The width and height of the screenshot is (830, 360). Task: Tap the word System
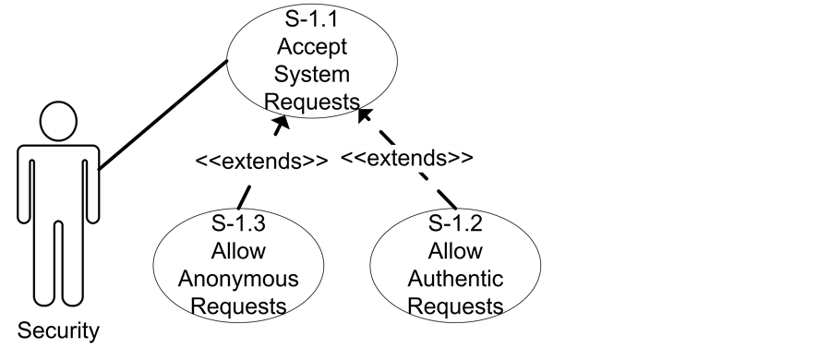(312, 74)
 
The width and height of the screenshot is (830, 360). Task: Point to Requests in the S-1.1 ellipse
(312, 100)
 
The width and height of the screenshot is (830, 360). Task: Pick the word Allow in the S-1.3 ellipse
(238, 251)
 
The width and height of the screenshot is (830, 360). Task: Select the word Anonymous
(238, 279)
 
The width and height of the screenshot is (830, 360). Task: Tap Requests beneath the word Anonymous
(238, 306)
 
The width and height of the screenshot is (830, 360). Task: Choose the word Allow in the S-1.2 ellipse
(455, 251)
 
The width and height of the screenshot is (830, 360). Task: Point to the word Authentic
(455, 279)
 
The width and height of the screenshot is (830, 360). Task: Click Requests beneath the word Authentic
(455, 306)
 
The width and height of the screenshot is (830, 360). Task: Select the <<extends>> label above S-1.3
(260, 161)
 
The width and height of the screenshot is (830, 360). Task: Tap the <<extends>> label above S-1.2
(407, 158)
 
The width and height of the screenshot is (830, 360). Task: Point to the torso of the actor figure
(59, 185)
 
